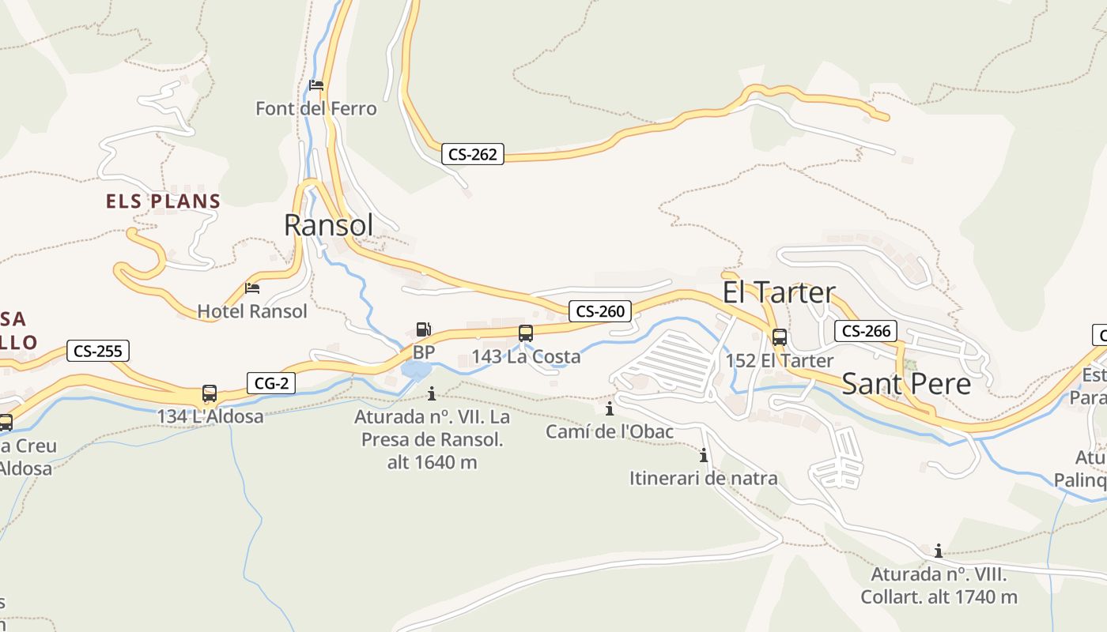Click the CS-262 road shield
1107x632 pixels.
click(x=473, y=155)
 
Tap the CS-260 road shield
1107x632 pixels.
click(x=600, y=311)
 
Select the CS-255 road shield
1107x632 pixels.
click(x=98, y=351)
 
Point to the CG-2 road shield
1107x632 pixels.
click(x=270, y=384)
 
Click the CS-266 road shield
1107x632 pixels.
click(x=866, y=331)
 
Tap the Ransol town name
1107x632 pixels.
click(x=328, y=225)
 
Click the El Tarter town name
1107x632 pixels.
click(x=778, y=292)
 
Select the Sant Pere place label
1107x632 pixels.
click(x=906, y=384)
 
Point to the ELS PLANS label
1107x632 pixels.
click(x=163, y=201)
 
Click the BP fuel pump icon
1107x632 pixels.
click(x=424, y=329)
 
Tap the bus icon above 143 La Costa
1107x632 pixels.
click(x=526, y=333)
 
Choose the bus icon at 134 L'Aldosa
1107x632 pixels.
click(x=210, y=393)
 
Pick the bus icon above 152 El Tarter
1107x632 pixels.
click(x=780, y=337)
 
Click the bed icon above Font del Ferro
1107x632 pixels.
click(x=316, y=85)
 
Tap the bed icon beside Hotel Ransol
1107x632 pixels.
click(x=252, y=288)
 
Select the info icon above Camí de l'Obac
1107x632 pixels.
click(x=610, y=409)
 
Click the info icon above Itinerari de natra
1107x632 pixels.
click(x=703, y=456)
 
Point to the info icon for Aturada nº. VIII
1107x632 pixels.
click(x=939, y=551)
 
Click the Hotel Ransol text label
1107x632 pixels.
click(x=252, y=311)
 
